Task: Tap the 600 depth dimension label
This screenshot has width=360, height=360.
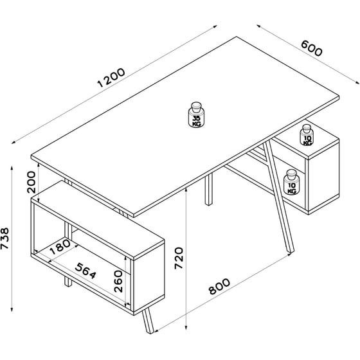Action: click(x=310, y=48)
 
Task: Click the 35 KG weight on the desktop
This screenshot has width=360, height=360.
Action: click(x=197, y=115)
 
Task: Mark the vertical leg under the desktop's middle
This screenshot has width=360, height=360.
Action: click(x=208, y=190)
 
